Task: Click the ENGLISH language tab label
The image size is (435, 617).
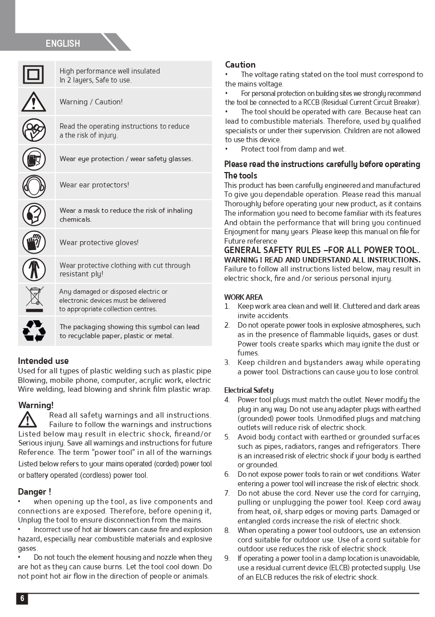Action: [x=63, y=44]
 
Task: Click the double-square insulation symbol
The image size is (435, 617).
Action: [x=33, y=75]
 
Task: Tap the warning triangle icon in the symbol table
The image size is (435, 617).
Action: [x=33, y=102]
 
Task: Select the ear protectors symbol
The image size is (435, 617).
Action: [x=34, y=186]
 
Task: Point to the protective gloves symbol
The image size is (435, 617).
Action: [x=34, y=243]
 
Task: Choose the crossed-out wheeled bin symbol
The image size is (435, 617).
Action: [x=34, y=299]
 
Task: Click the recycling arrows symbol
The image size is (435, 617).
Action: [x=34, y=331]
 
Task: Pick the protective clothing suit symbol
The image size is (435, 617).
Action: [x=34, y=269]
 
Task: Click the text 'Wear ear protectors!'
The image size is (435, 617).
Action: [x=94, y=185]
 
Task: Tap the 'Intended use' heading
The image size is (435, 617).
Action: [x=43, y=361]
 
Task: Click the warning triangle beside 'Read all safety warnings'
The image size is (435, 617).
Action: [x=27, y=420]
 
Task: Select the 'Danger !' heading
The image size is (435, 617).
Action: [x=34, y=492]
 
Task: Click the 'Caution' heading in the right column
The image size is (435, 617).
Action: [x=240, y=65]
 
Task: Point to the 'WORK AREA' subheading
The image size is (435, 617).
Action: [x=243, y=297]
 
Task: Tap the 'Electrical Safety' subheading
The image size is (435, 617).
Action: [x=249, y=390]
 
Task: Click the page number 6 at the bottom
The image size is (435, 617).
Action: [x=22, y=599]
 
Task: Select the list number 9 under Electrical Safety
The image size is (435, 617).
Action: [x=227, y=558]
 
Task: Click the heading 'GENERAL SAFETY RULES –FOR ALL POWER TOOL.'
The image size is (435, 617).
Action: [x=321, y=250]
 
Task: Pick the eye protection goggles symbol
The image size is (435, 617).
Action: [x=34, y=159]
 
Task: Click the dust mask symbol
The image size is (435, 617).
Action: [x=34, y=215]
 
